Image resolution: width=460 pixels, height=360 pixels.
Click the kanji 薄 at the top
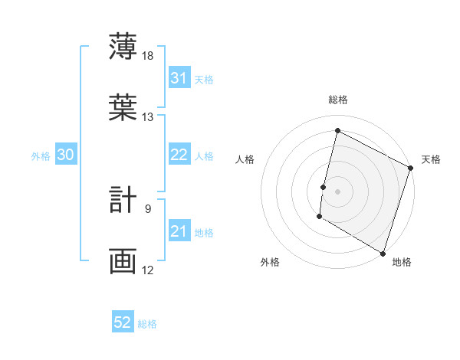[x=123, y=47]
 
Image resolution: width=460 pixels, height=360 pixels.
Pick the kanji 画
[x=123, y=261]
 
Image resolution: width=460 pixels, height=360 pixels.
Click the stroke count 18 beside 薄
[x=148, y=57]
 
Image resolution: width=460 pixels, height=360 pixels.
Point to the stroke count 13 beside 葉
[x=148, y=117]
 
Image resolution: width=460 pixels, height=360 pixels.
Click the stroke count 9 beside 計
[x=148, y=208]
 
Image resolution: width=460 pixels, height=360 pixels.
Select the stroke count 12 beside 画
[x=148, y=270]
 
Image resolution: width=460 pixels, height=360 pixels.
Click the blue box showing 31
[x=179, y=78]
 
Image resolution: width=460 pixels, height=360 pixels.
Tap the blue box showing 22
[x=179, y=155]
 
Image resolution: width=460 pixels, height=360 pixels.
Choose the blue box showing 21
[x=179, y=231]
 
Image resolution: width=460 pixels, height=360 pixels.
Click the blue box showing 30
[x=66, y=155]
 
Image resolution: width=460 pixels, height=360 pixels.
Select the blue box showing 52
[x=123, y=322]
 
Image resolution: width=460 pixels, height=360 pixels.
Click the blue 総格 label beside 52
[x=147, y=324]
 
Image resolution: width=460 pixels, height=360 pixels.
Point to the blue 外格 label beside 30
[x=41, y=156]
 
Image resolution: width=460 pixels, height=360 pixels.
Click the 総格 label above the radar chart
[x=337, y=100]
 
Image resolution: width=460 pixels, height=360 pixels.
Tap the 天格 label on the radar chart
[x=431, y=159]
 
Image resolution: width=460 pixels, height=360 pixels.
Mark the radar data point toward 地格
[x=383, y=253]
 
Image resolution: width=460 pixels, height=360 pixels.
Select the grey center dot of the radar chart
[x=337, y=191]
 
